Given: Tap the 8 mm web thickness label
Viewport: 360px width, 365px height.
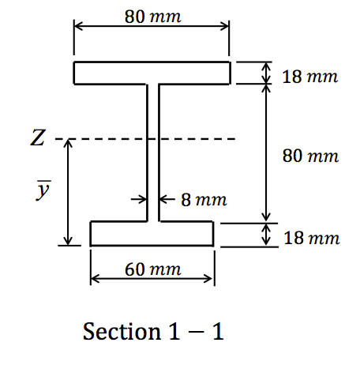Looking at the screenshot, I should tap(204, 199).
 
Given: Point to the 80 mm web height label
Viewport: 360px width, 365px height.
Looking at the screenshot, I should tap(310, 156).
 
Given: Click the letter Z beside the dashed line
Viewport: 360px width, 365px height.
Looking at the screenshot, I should tap(37, 140).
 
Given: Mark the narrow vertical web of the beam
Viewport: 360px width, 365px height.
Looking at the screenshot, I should tap(152, 150).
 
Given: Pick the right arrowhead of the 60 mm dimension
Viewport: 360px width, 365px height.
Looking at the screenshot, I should tap(209, 279).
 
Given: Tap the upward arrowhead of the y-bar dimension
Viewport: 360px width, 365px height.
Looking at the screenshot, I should tap(69, 144).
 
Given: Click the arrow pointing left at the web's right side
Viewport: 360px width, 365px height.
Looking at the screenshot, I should tap(165, 199).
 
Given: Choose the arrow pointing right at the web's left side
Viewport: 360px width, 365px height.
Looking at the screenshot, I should tap(141, 199).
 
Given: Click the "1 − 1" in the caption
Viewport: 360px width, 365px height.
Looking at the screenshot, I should tap(196, 332).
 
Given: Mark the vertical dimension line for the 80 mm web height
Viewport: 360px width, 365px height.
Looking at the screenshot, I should tap(267, 150).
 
